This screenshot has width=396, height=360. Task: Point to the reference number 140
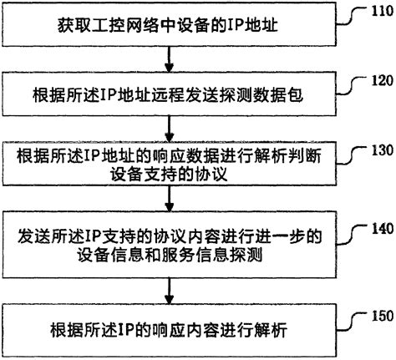coord(380,226)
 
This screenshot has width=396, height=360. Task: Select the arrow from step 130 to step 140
coord(170,202)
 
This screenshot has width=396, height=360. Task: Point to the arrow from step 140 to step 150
coord(170,288)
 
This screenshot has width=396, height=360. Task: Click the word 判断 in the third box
coord(305,155)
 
